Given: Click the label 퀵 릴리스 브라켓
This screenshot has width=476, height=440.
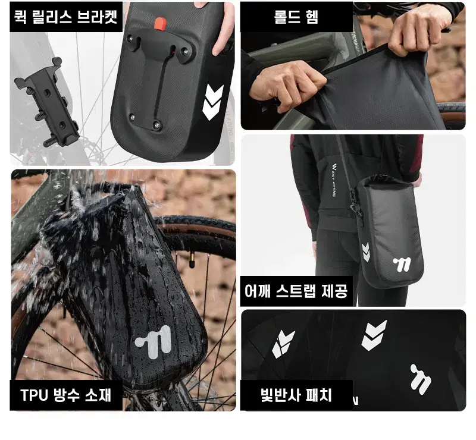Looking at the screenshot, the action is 66,17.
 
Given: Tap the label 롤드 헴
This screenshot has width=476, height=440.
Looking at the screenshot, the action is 296,17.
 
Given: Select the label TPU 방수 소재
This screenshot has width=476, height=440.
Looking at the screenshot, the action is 66,395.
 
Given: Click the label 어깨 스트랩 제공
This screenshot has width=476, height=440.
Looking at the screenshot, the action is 296,291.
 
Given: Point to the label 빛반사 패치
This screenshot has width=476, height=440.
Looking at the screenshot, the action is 296,395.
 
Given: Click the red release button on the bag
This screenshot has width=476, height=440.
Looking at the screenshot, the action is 159,24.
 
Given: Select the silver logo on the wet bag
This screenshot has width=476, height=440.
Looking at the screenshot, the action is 154,342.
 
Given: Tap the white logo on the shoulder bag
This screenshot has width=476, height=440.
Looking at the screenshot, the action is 402,265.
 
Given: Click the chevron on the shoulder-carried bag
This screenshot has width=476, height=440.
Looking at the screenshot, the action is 366,252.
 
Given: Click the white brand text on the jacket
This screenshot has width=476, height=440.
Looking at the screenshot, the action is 334,180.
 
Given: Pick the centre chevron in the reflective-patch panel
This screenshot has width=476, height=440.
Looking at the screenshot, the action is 374,335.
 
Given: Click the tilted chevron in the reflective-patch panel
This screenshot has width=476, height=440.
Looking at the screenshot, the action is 283,344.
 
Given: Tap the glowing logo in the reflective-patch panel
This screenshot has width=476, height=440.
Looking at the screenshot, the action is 421,379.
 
